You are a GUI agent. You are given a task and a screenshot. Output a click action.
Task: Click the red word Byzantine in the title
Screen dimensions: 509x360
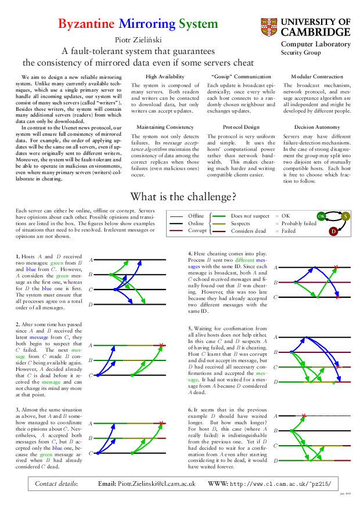tap(87, 24)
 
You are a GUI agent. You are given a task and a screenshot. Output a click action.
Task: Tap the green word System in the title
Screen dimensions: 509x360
tap(198, 24)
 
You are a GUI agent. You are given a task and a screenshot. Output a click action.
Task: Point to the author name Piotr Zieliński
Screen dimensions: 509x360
tap(139, 39)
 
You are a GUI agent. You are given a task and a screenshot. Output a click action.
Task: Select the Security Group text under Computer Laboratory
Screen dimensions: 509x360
tap(301, 52)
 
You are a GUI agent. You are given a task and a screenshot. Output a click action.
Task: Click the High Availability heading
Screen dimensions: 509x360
tap(165, 77)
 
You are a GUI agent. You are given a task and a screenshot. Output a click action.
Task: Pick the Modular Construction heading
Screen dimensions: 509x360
tap(316, 77)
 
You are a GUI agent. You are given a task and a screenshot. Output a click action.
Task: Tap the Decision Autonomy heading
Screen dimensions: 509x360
tap(316, 127)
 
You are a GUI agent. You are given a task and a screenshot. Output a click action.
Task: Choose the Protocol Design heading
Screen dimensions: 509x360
tap(241, 127)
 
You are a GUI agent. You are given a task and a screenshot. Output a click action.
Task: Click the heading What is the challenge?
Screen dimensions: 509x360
tap(182, 196)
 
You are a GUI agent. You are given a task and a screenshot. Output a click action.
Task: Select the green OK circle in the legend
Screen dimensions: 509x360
tap(321, 216)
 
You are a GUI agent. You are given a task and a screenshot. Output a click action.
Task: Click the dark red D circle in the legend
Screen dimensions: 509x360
tap(333, 231)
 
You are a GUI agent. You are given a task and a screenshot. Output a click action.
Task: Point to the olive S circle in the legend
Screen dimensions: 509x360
tap(345, 216)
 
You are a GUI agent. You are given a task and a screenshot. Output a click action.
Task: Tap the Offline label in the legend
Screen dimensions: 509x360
tap(196, 216)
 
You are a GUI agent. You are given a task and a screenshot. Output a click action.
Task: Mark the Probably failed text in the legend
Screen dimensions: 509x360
tap(299, 223)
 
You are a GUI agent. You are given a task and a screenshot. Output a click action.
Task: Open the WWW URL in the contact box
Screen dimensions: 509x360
tap(281, 483)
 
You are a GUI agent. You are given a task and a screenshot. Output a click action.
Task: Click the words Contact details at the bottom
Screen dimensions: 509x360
tap(56, 483)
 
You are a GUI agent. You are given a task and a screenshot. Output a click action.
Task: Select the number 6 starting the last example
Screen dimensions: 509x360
tap(190, 410)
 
